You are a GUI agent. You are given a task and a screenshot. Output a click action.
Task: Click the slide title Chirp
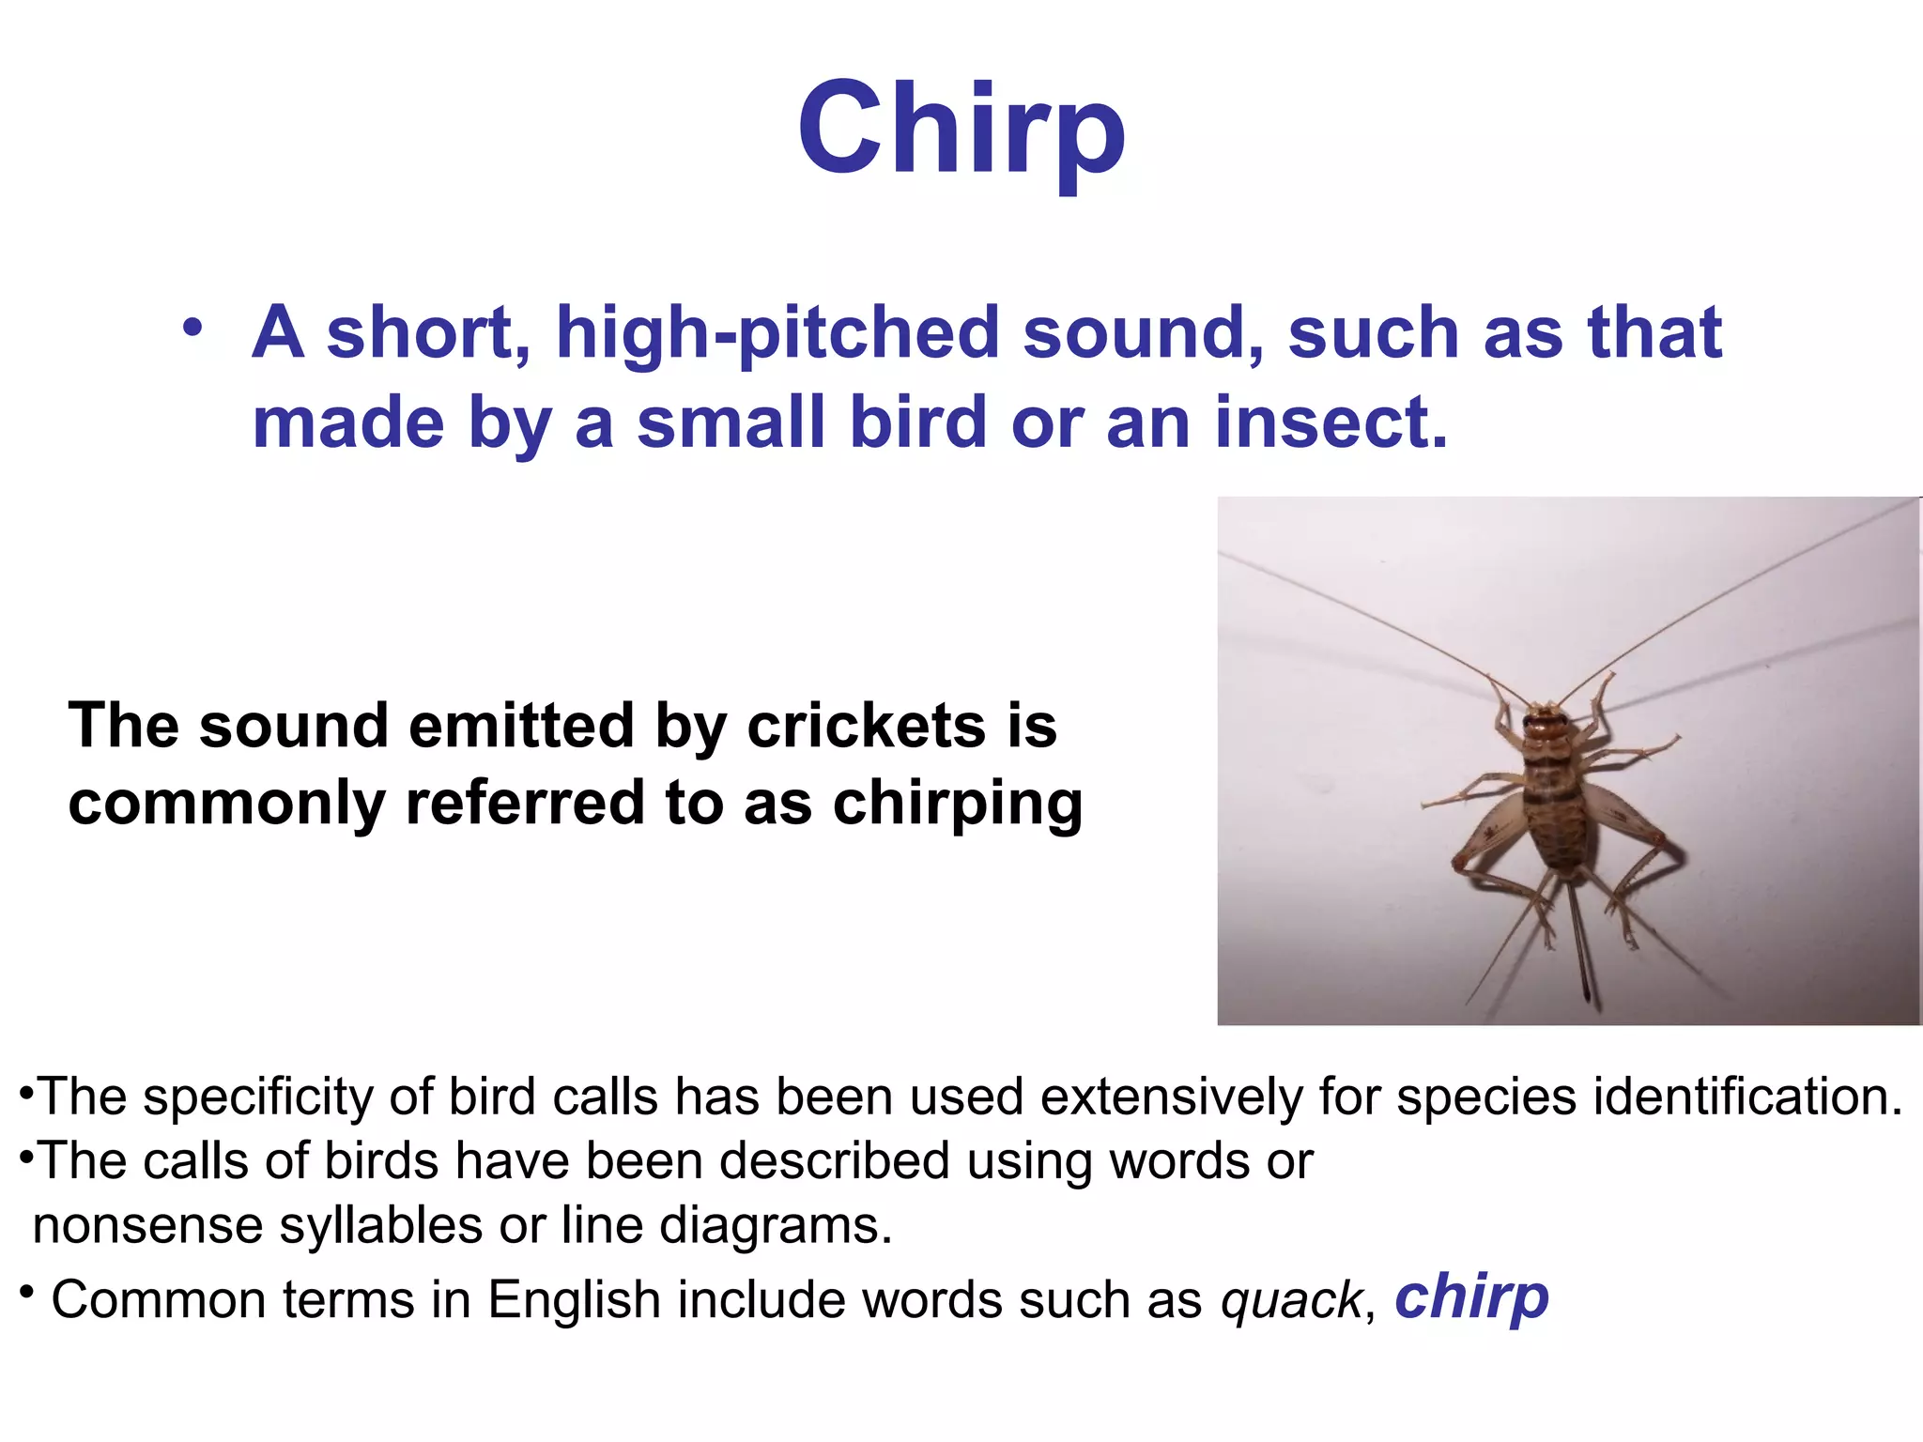tap(961, 130)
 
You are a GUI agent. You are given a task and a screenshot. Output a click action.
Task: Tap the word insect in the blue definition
tap(1331, 422)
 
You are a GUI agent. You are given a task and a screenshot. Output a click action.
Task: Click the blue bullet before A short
tap(192, 329)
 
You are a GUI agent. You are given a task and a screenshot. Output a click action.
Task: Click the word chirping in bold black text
tap(957, 804)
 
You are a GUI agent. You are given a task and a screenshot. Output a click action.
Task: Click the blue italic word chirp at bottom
tap(1471, 1298)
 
